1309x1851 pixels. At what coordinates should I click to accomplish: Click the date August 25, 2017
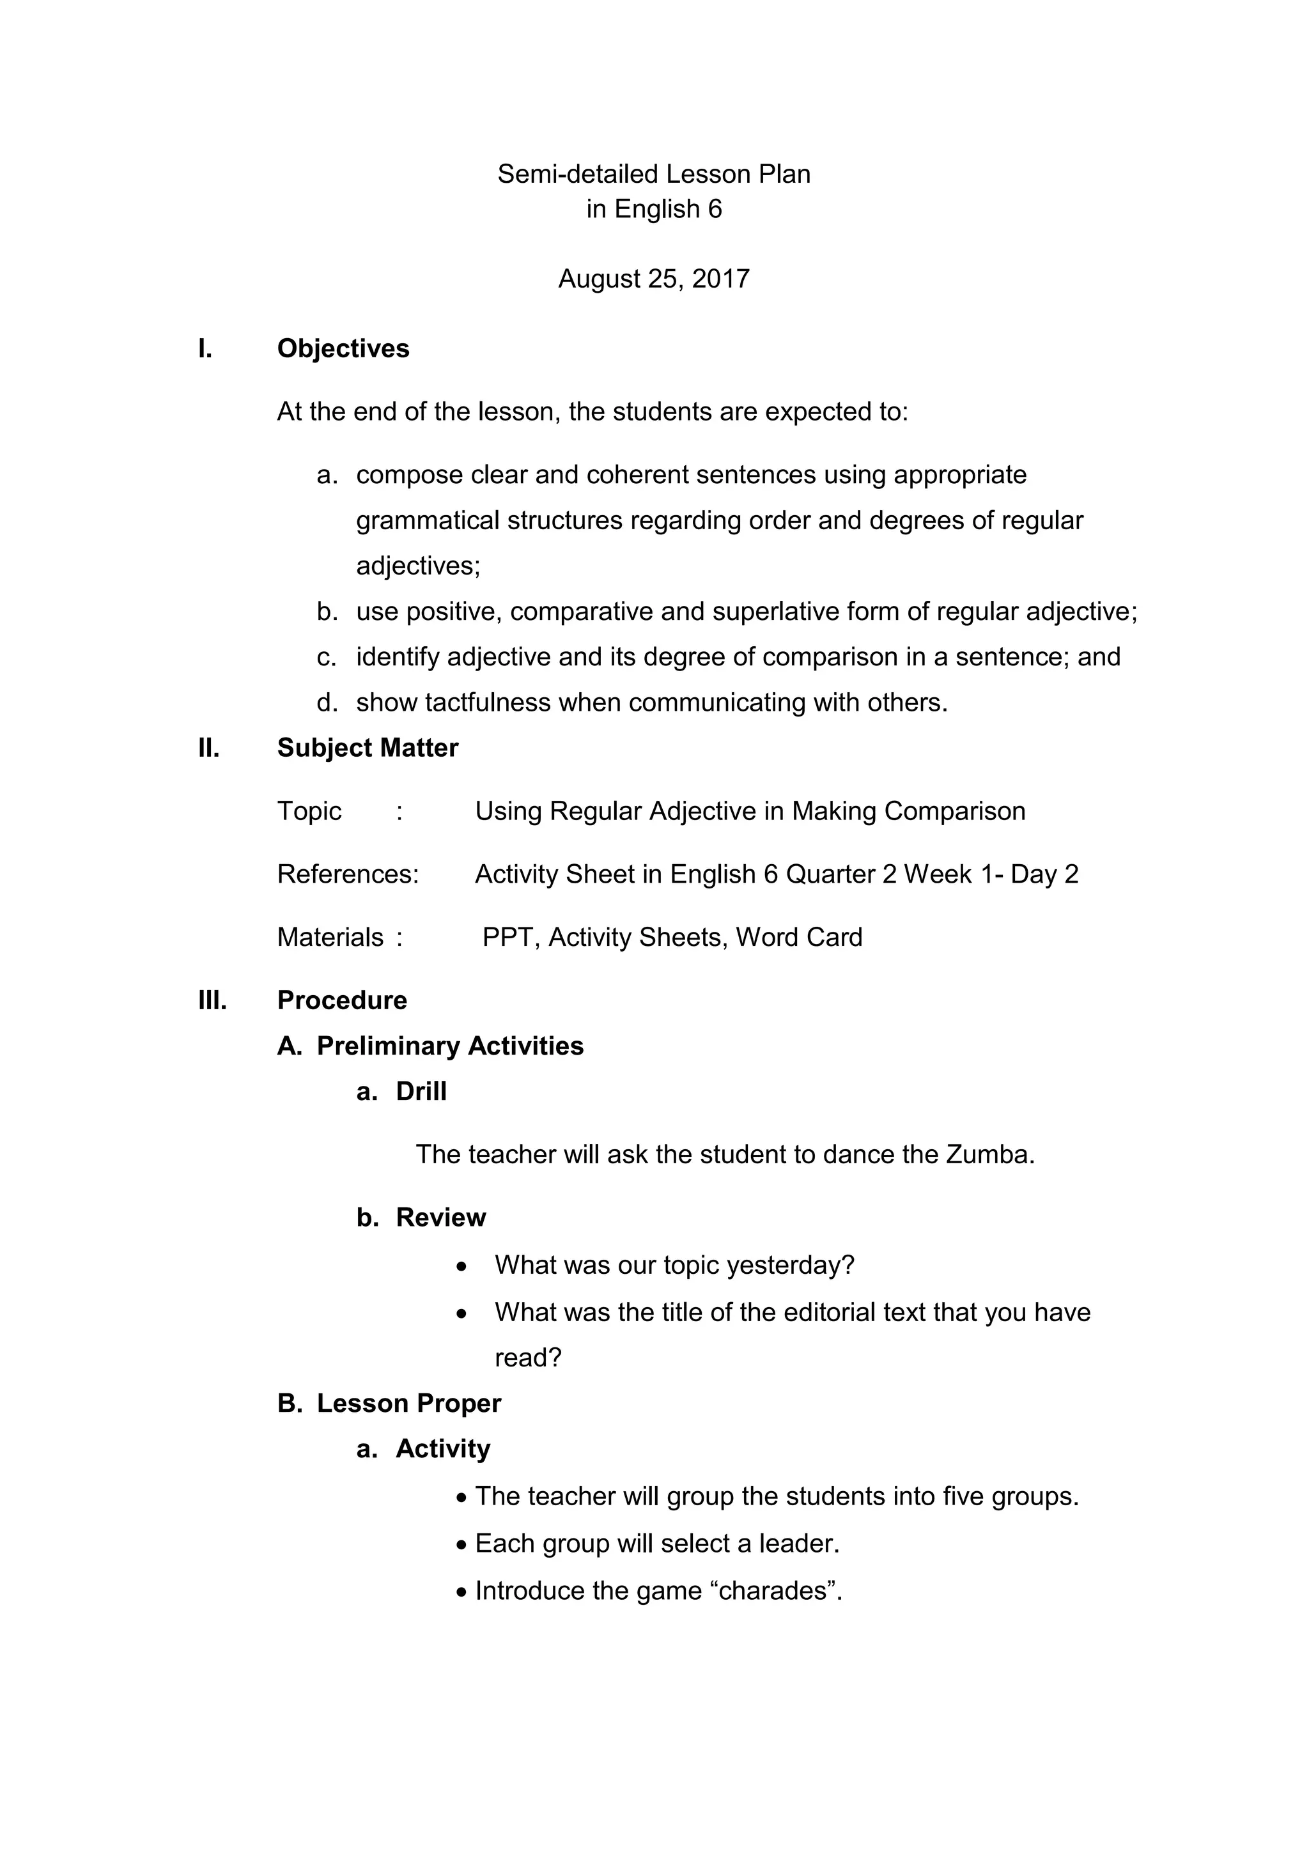pyautogui.click(x=654, y=279)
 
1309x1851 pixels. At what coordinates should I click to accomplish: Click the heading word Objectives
pyautogui.click(x=343, y=348)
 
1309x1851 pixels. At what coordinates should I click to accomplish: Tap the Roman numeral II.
pyautogui.click(x=209, y=748)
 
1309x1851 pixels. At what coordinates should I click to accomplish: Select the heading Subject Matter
pyautogui.click(x=368, y=748)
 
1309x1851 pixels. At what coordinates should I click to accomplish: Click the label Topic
pyautogui.click(x=309, y=811)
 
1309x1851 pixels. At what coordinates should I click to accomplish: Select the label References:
pyautogui.click(x=348, y=874)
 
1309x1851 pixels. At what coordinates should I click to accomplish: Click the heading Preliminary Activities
pyautogui.click(x=450, y=1046)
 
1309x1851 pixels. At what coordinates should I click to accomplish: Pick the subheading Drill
pyautogui.click(x=421, y=1092)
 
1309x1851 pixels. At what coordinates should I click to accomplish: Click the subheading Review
pyautogui.click(x=441, y=1218)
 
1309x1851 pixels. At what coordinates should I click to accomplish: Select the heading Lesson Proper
pyautogui.click(x=408, y=1404)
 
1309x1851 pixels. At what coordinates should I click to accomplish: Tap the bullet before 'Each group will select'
pyautogui.click(x=461, y=1545)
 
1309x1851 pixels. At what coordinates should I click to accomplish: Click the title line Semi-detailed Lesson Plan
pyautogui.click(x=654, y=174)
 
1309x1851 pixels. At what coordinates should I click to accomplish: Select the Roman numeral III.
pyautogui.click(x=213, y=1000)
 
